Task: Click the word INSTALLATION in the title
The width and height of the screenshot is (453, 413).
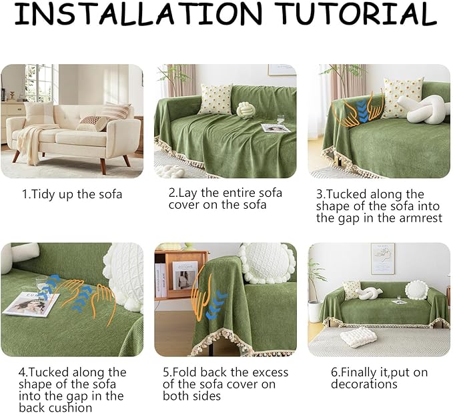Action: pyautogui.click(x=138, y=13)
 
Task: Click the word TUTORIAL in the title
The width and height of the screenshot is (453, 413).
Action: pyautogui.click(x=358, y=13)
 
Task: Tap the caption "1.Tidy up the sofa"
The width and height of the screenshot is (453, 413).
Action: pyautogui.click(x=72, y=194)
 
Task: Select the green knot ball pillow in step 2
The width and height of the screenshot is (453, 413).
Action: pyautogui.click(x=244, y=110)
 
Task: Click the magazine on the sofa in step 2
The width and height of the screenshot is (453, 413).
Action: pyautogui.click(x=276, y=128)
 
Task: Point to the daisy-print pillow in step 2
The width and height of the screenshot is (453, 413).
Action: pyautogui.click(x=215, y=99)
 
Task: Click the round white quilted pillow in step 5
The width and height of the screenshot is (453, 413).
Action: pyautogui.click(x=266, y=264)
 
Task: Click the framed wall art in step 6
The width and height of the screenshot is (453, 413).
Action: pyautogui.click(x=382, y=258)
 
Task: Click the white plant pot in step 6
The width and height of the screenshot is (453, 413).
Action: pyautogui.click(x=314, y=312)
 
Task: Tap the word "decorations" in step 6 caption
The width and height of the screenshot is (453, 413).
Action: pyautogui.click(x=364, y=384)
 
